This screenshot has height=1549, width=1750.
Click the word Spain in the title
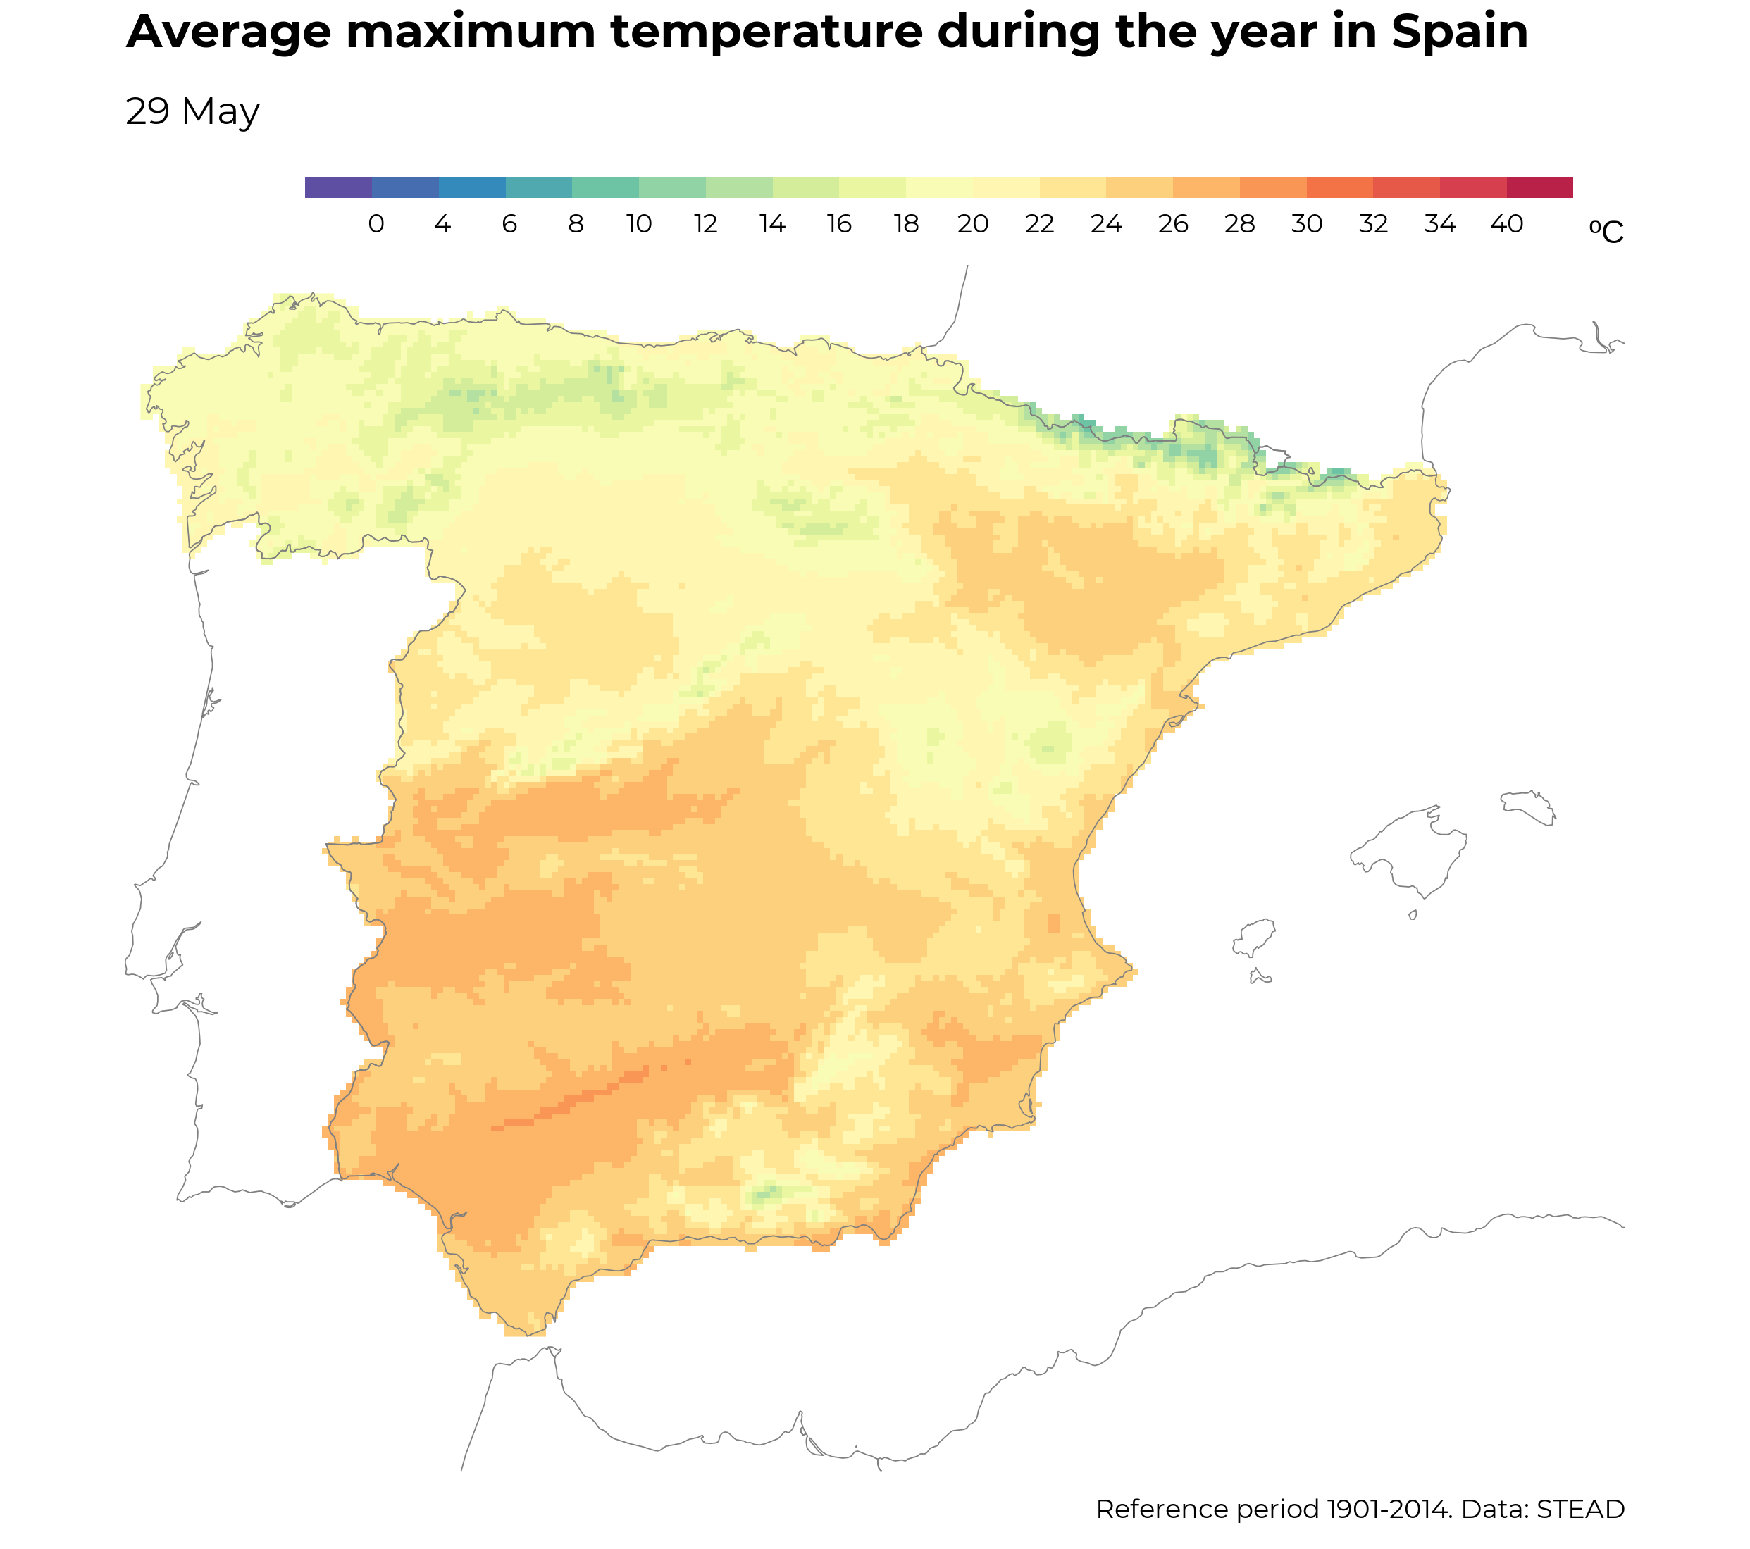tap(1459, 32)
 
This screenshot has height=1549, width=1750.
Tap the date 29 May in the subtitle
tap(192, 112)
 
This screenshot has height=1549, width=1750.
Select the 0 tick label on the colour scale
tap(376, 224)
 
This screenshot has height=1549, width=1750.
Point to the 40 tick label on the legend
tap(1507, 224)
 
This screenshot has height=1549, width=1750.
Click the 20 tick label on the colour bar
tap(973, 224)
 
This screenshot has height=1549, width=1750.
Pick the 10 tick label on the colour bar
tap(639, 224)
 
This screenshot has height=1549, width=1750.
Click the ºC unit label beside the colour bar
tap(1606, 232)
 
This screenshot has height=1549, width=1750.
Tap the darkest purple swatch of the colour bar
tap(338, 187)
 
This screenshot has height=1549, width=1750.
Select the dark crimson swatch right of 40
tap(1539, 187)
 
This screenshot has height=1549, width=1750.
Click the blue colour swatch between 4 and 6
tap(472, 187)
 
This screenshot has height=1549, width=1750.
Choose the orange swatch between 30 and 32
tap(1339, 187)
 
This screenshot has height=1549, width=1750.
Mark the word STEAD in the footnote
tap(1580, 1509)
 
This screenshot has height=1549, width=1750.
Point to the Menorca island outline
tap(1528, 806)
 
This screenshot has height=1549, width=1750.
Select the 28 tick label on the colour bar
tap(1240, 224)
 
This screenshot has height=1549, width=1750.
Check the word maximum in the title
tap(470, 32)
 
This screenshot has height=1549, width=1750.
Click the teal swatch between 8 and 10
tap(605, 187)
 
